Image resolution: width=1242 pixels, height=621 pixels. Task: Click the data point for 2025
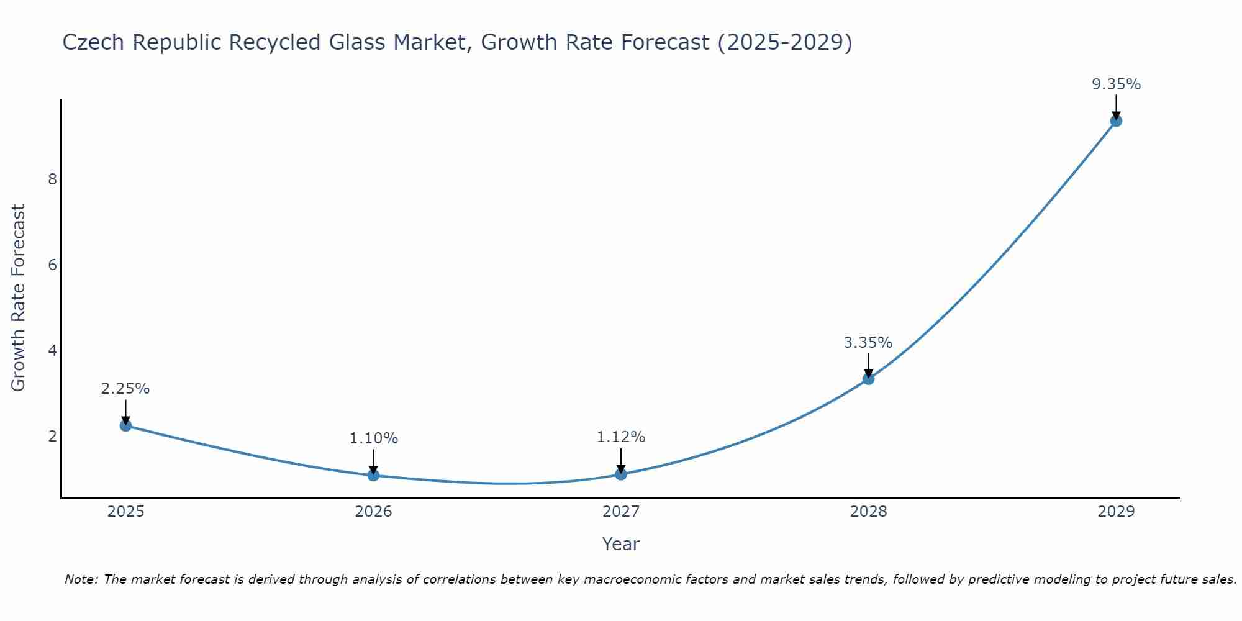pyautogui.click(x=125, y=425)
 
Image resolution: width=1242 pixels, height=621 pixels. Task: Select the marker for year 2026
pyautogui.click(x=373, y=475)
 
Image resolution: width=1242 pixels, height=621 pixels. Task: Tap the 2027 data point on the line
pyautogui.click(x=621, y=474)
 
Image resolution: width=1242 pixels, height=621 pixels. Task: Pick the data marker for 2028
pyautogui.click(x=868, y=379)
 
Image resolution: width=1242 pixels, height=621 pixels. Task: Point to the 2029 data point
pyautogui.click(x=1116, y=120)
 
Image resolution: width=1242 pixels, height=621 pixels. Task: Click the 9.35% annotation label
pyautogui.click(x=1116, y=84)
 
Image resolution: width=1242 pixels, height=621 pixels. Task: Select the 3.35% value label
pyautogui.click(x=868, y=343)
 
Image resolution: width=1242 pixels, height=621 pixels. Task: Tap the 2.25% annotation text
pyautogui.click(x=125, y=389)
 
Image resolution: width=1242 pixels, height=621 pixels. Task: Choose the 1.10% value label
pyautogui.click(x=373, y=438)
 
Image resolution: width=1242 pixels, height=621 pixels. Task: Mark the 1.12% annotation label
pyautogui.click(x=621, y=437)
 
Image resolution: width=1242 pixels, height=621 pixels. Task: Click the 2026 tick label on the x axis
pyautogui.click(x=373, y=512)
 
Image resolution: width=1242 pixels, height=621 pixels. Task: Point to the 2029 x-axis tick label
pyautogui.click(x=1116, y=512)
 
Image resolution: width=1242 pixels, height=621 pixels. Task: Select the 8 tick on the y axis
pyautogui.click(x=52, y=179)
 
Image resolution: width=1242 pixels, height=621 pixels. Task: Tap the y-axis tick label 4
pyautogui.click(x=52, y=351)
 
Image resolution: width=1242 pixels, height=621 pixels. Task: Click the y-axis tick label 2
pyautogui.click(x=52, y=437)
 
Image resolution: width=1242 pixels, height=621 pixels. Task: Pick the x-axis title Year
pyautogui.click(x=621, y=544)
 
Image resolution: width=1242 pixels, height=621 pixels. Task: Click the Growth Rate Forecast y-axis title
pyautogui.click(x=19, y=298)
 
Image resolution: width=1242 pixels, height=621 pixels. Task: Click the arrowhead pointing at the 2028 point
pyautogui.click(x=868, y=373)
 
